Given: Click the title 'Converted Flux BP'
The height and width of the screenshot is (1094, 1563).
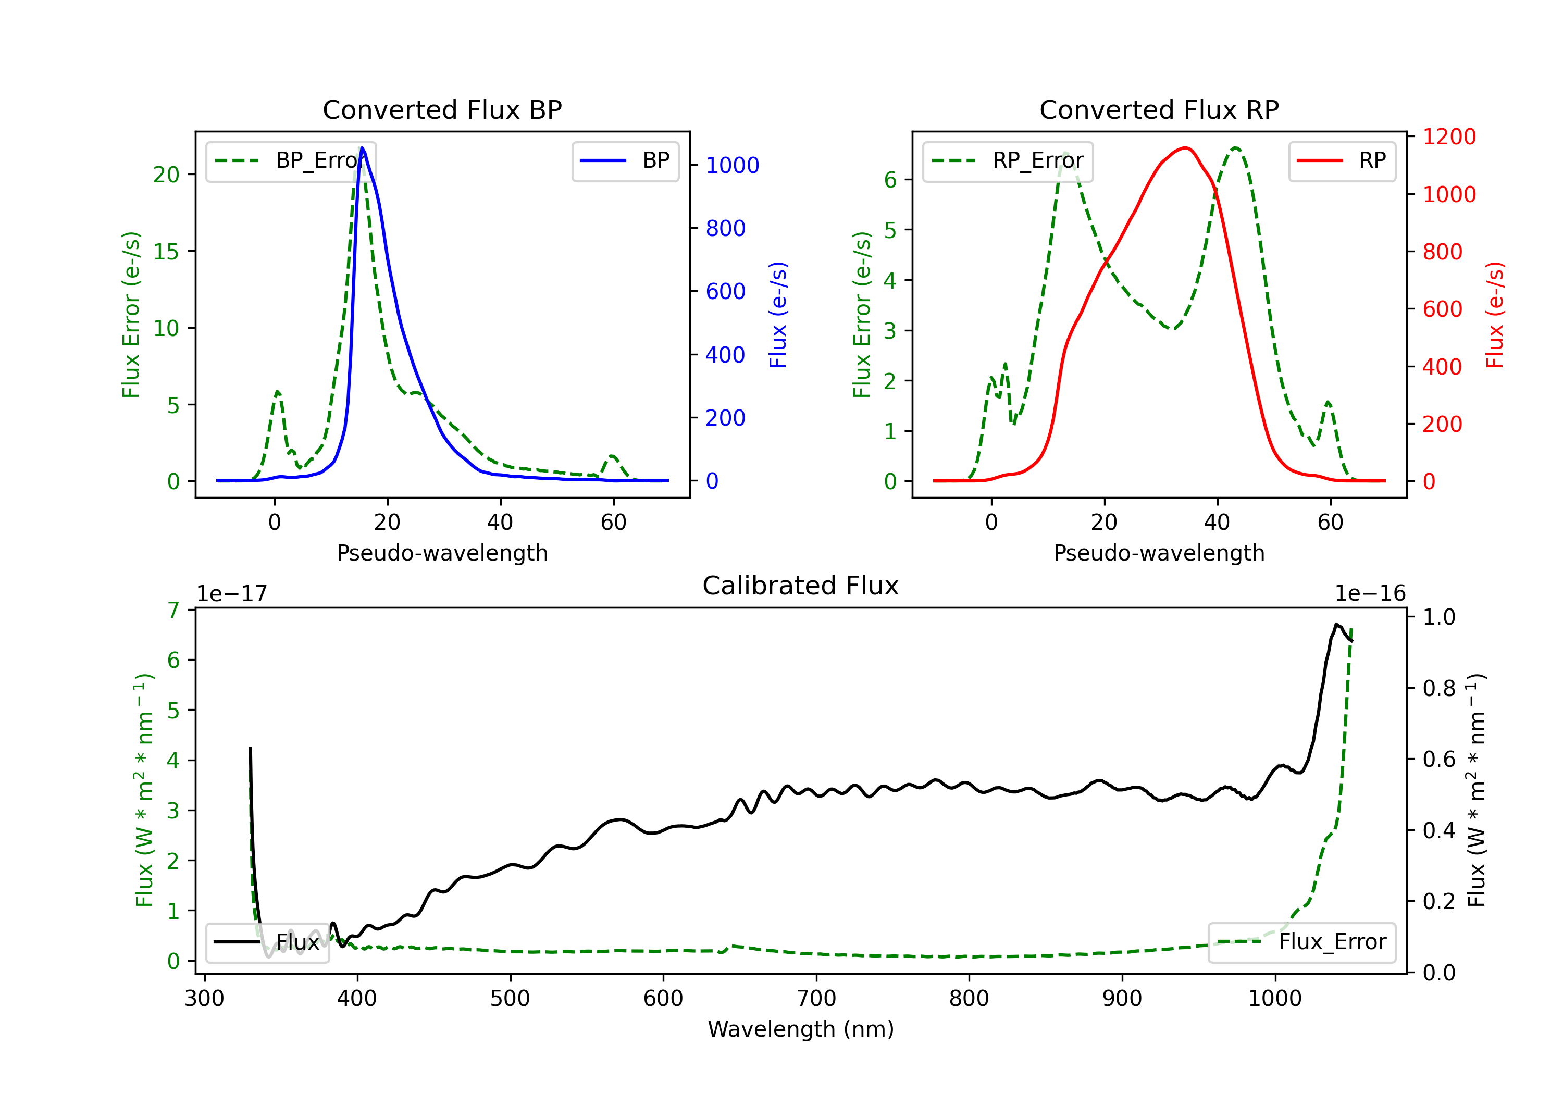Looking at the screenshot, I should tap(442, 109).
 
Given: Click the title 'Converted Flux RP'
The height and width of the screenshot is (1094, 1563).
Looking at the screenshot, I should tap(1159, 109).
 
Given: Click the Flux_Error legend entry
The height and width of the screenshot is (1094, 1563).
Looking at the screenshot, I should tap(1301, 942).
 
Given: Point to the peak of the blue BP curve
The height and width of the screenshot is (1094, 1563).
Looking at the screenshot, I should tap(362, 148).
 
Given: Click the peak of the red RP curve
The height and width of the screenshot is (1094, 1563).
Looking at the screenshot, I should tap(1185, 148).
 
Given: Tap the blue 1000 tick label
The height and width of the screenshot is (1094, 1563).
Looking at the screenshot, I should tap(732, 166).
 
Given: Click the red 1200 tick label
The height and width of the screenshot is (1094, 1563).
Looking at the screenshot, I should tap(1449, 137).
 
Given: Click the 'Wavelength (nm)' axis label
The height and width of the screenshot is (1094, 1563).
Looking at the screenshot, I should tap(801, 1029).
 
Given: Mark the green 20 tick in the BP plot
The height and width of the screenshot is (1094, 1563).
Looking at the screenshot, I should tap(166, 175).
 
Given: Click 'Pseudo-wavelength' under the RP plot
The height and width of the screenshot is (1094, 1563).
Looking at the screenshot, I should tap(1159, 553).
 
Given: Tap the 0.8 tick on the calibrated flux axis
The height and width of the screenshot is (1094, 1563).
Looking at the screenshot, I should tap(1438, 688).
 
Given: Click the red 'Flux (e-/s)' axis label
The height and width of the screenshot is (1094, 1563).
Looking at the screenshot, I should tap(1495, 315).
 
